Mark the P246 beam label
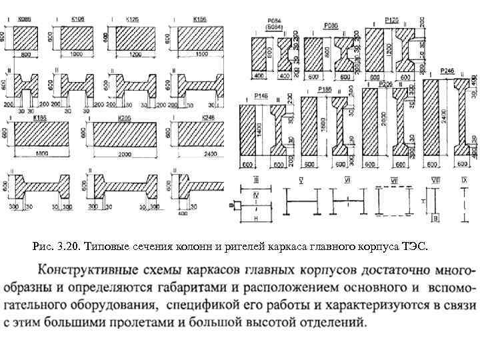pyautogui.click(x=447, y=71)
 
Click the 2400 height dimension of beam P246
pyautogui.click(x=443, y=120)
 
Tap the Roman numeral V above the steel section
pyautogui.click(x=301, y=180)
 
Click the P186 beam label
pyautogui.click(x=325, y=89)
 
